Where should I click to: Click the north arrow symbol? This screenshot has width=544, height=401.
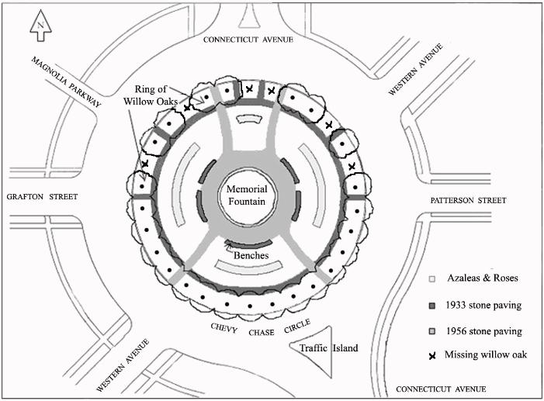(40, 28)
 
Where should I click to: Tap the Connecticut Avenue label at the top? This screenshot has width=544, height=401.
(248, 40)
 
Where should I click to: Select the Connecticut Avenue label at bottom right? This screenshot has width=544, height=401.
(441, 389)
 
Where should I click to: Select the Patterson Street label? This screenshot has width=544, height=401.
(468, 201)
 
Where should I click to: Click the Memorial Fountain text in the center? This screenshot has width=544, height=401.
(248, 195)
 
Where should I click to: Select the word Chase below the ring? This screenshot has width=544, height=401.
(261, 333)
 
